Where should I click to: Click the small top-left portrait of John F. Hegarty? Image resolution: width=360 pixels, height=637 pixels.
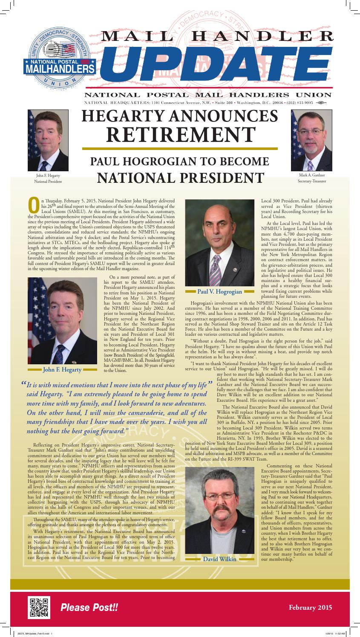click(48, 140)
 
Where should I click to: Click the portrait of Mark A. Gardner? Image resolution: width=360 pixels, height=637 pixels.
click(311, 140)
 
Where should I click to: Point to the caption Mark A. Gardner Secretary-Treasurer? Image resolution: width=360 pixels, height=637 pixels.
click(312, 178)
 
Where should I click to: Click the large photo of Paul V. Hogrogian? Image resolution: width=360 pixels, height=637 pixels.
click(219, 242)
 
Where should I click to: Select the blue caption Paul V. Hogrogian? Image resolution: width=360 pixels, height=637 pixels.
click(219, 292)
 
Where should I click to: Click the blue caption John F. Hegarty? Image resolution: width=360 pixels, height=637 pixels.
click(62, 369)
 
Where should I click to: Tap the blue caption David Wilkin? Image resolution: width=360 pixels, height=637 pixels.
click(219, 559)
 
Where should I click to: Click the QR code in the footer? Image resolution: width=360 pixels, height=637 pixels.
click(39, 608)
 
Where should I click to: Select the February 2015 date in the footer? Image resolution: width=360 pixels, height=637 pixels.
click(310, 607)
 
